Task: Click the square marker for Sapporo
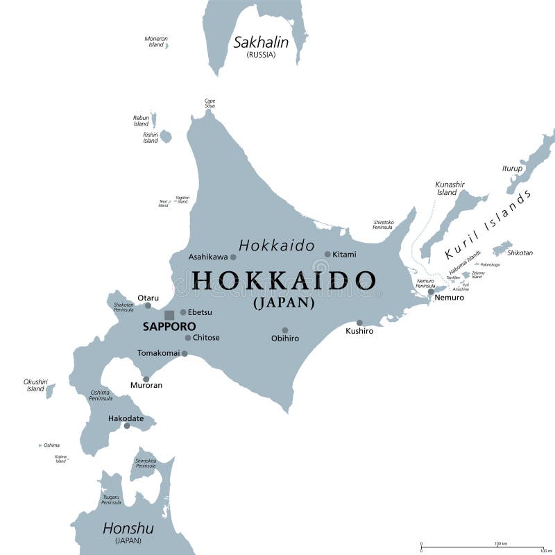(169, 315)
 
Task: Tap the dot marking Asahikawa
(233, 257)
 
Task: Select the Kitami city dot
(327, 254)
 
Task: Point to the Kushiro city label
(359, 331)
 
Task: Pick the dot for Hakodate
(127, 425)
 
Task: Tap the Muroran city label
(146, 385)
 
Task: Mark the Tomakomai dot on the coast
(185, 353)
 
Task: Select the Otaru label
(148, 298)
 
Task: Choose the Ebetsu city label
(200, 312)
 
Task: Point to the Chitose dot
(188, 338)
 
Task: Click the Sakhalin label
(261, 42)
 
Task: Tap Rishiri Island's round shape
(165, 137)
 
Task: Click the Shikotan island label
(520, 253)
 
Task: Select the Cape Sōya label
(210, 103)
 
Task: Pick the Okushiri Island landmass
(50, 391)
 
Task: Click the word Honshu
(128, 529)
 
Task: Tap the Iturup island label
(512, 169)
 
